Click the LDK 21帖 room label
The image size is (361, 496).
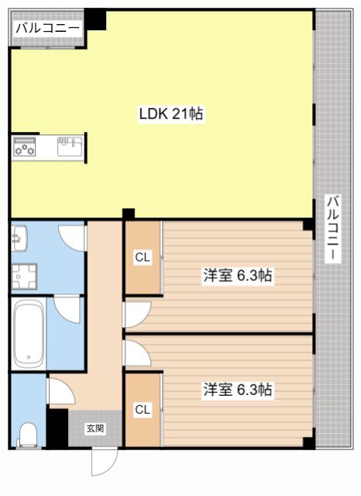point(171,113)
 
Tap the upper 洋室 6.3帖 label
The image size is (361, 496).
point(238,276)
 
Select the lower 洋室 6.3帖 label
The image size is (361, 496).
point(238,390)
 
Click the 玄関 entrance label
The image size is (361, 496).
point(95,428)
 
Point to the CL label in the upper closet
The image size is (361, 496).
point(142,258)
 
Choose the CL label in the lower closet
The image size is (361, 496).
point(142,410)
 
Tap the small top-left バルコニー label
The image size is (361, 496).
point(47,28)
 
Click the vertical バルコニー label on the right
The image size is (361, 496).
point(332,228)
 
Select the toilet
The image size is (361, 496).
point(28,434)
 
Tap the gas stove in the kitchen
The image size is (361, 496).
point(24,147)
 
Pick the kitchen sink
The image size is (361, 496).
point(70,146)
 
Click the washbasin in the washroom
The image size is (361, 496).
point(19,238)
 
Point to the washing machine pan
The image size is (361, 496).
point(24,277)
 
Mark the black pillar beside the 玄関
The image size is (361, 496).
point(57,428)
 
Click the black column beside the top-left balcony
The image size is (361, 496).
point(95,19)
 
